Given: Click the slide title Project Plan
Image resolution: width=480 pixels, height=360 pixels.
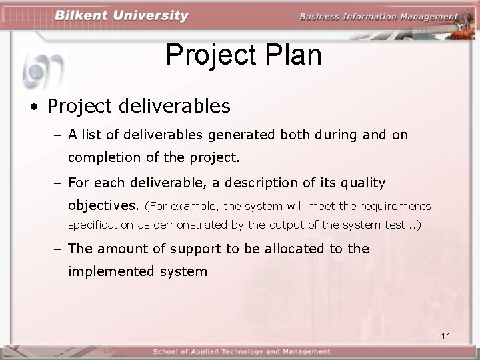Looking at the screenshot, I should click(x=243, y=55).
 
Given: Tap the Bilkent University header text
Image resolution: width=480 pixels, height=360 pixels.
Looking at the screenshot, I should click(x=121, y=16).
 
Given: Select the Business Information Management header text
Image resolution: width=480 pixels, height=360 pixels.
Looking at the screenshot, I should click(x=379, y=17).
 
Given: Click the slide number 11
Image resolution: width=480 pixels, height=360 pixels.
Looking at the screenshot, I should click(x=446, y=336).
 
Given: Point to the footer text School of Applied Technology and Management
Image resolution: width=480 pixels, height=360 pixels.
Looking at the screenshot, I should click(x=241, y=351).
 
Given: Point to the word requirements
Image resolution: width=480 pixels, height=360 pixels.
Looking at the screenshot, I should click(x=394, y=207).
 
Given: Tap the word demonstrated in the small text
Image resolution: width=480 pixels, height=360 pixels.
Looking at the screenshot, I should click(x=191, y=225).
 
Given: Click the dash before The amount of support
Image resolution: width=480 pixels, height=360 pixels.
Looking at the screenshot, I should click(x=58, y=249).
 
